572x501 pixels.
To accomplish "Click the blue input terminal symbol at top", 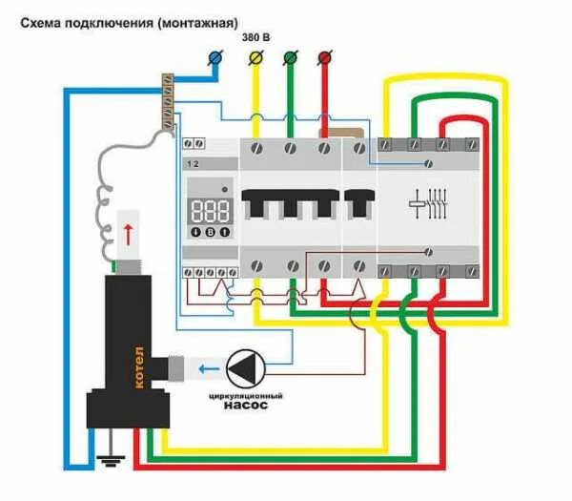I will point(214,59).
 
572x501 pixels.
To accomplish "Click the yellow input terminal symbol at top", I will point(255,59).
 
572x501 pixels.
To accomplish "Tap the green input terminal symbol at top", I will point(290,59).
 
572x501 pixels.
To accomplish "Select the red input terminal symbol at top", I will point(324,59).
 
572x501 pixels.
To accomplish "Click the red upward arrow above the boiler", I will point(128,233).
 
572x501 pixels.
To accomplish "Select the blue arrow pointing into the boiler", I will point(204,368).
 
